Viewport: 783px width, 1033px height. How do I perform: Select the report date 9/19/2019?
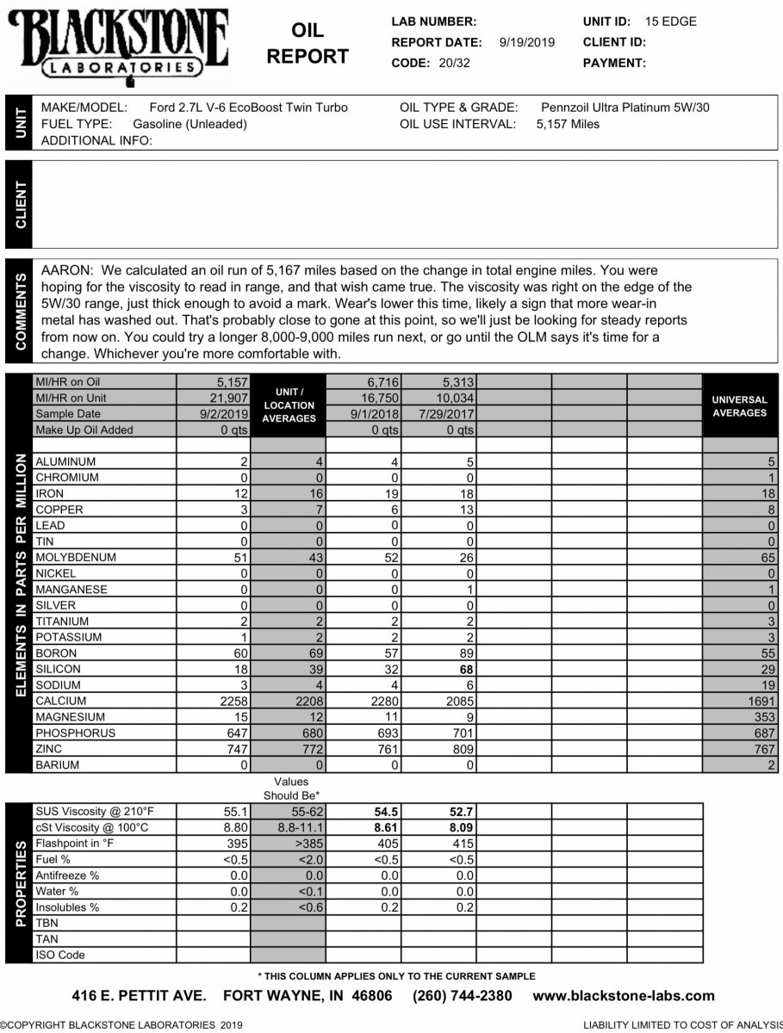(x=527, y=42)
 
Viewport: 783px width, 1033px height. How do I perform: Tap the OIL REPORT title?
(x=308, y=44)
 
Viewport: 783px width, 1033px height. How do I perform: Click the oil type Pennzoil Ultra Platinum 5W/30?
(x=625, y=108)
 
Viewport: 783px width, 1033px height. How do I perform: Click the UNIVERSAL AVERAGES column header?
(x=740, y=406)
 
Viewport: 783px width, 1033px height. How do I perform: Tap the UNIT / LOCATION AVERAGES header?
(x=289, y=405)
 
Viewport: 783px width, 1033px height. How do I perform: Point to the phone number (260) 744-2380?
(x=463, y=996)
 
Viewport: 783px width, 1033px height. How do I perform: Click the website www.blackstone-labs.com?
(x=624, y=996)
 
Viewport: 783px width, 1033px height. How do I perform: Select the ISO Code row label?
(x=59, y=955)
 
